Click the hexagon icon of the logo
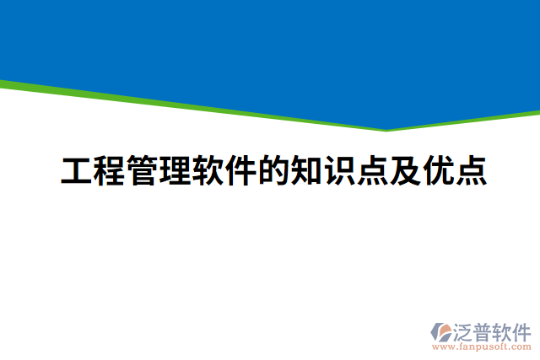click(x=441, y=332)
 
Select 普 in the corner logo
click(x=485, y=330)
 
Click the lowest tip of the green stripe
click(x=386, y=131)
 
